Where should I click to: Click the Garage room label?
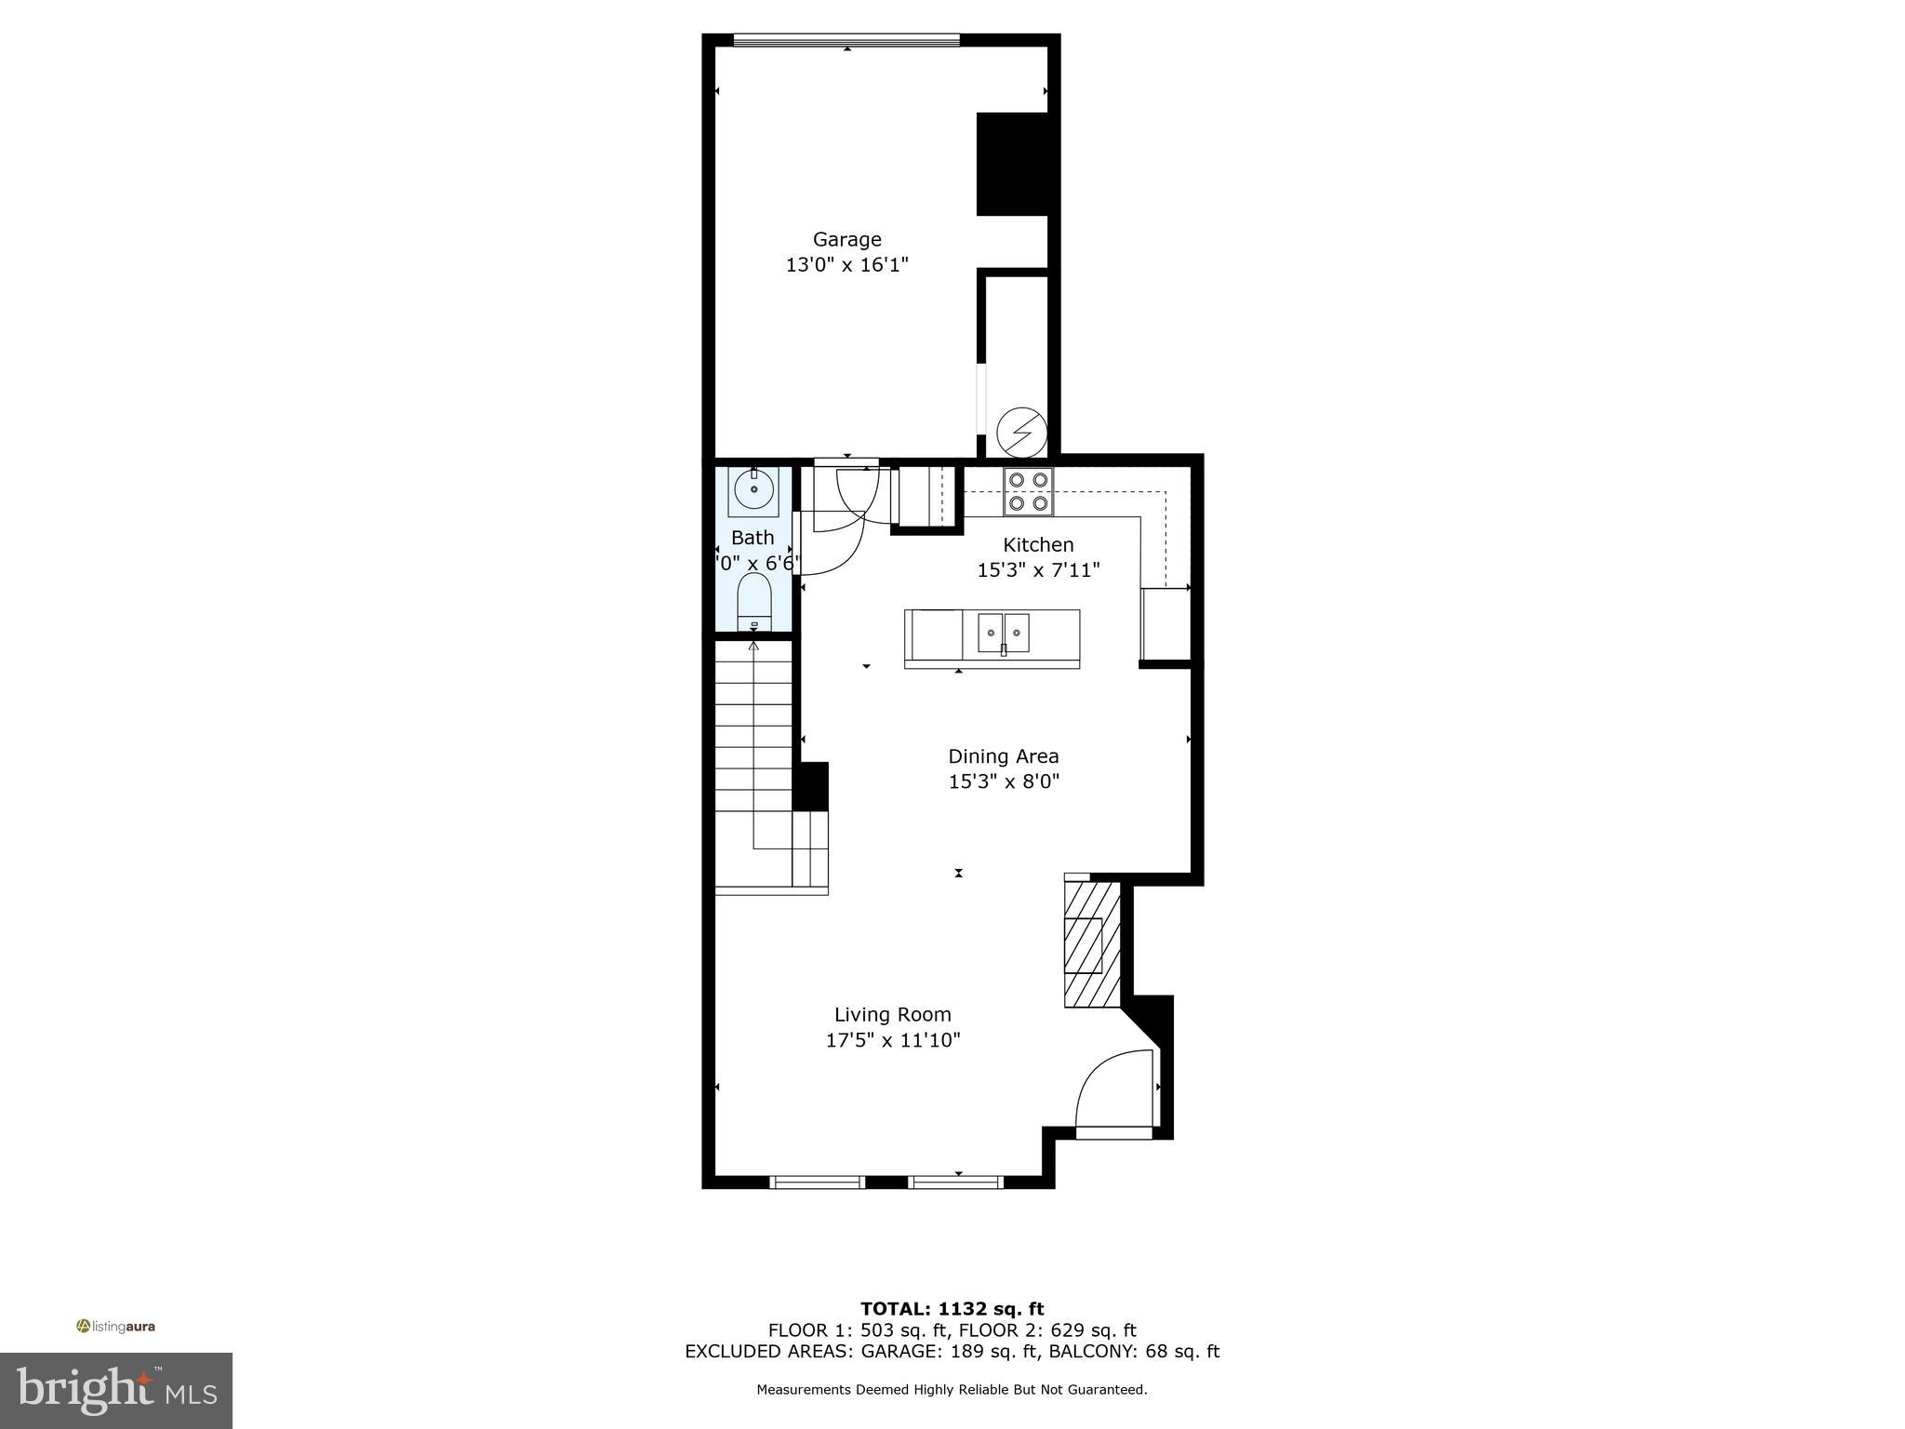coord(846,240)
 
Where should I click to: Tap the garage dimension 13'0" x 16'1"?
coord(846,265)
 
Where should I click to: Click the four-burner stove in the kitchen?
coord(1028,492)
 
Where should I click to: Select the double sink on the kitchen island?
coord(1003,634)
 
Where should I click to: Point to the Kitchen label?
coord(1038,545)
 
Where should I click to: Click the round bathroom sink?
coord(753,488)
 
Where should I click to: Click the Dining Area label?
coord(1003,757)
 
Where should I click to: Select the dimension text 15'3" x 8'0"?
coord(1004,782)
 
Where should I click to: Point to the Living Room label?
coord(892,1015)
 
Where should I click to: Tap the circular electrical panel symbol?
coord(1021,434)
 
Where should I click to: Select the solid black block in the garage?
coord(1012,164)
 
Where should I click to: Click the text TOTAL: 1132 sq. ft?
coord(952,1310)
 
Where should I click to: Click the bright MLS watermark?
coord(116,1391)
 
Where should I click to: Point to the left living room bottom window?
coord(818,1182)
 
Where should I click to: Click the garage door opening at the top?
coord(846,40)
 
